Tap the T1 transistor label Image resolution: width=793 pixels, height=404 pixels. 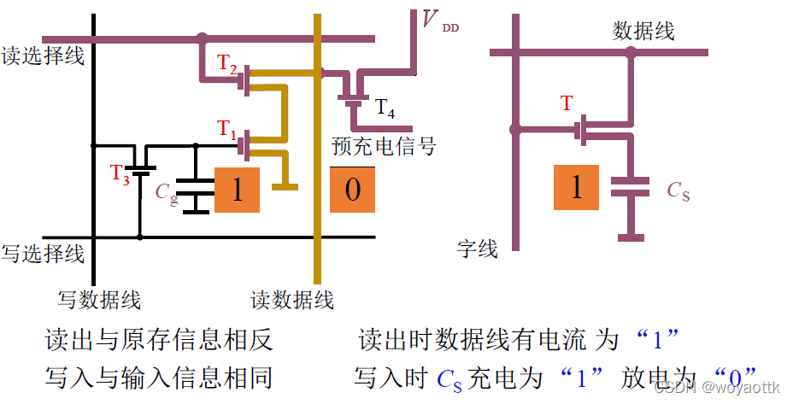(x=226, y=130)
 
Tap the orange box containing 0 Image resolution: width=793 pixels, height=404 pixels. (x=353, y=190)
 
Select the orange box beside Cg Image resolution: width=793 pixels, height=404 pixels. (x=238, y=190)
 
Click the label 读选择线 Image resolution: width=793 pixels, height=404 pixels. (x=43, y=56)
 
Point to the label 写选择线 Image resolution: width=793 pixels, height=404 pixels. (x=43, y=254)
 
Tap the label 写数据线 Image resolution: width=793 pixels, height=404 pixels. (x=99, y=300)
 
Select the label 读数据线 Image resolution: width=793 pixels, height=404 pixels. (x=292, y=300)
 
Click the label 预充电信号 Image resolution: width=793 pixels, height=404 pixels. (x=384, y=146)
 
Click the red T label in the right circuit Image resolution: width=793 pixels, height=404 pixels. (x=567, y=104)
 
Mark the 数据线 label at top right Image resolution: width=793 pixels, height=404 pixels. (x=643, y=32)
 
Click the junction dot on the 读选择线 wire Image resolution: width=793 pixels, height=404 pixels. (x=202, y=38)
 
